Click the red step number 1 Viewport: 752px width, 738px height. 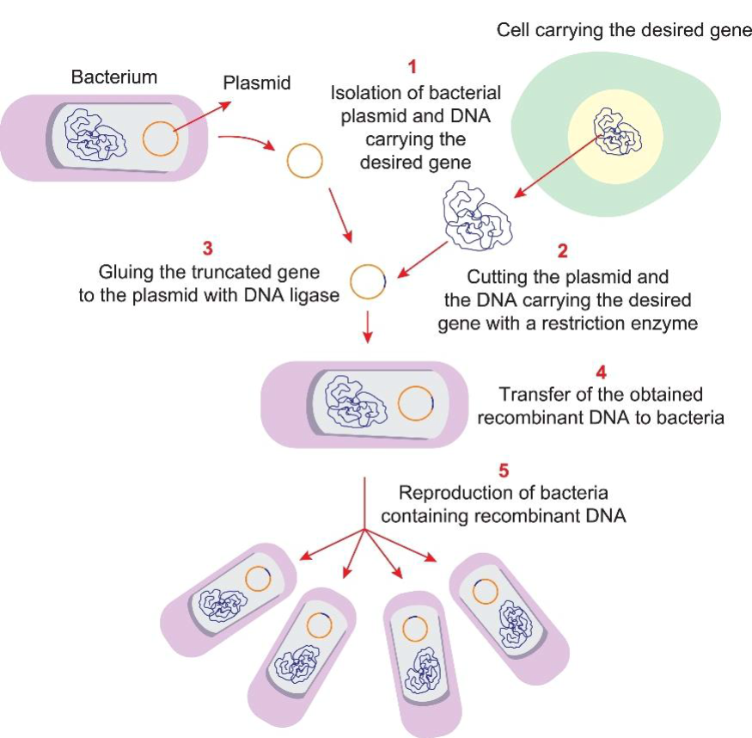(x=413, y=66)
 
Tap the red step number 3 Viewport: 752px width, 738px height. (x=207, y=249)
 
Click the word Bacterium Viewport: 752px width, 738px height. (x=114, y=77)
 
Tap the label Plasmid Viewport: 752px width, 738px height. (x=257, y=83)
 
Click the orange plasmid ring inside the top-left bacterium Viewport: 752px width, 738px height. (x=161, y=138)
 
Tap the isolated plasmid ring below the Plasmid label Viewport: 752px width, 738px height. (x=304, y=161)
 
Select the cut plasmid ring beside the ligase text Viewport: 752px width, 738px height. (x=369, y=281)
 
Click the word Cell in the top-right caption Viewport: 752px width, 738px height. (x=513, y=32)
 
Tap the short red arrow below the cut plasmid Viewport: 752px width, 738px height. (x=369, y=326)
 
